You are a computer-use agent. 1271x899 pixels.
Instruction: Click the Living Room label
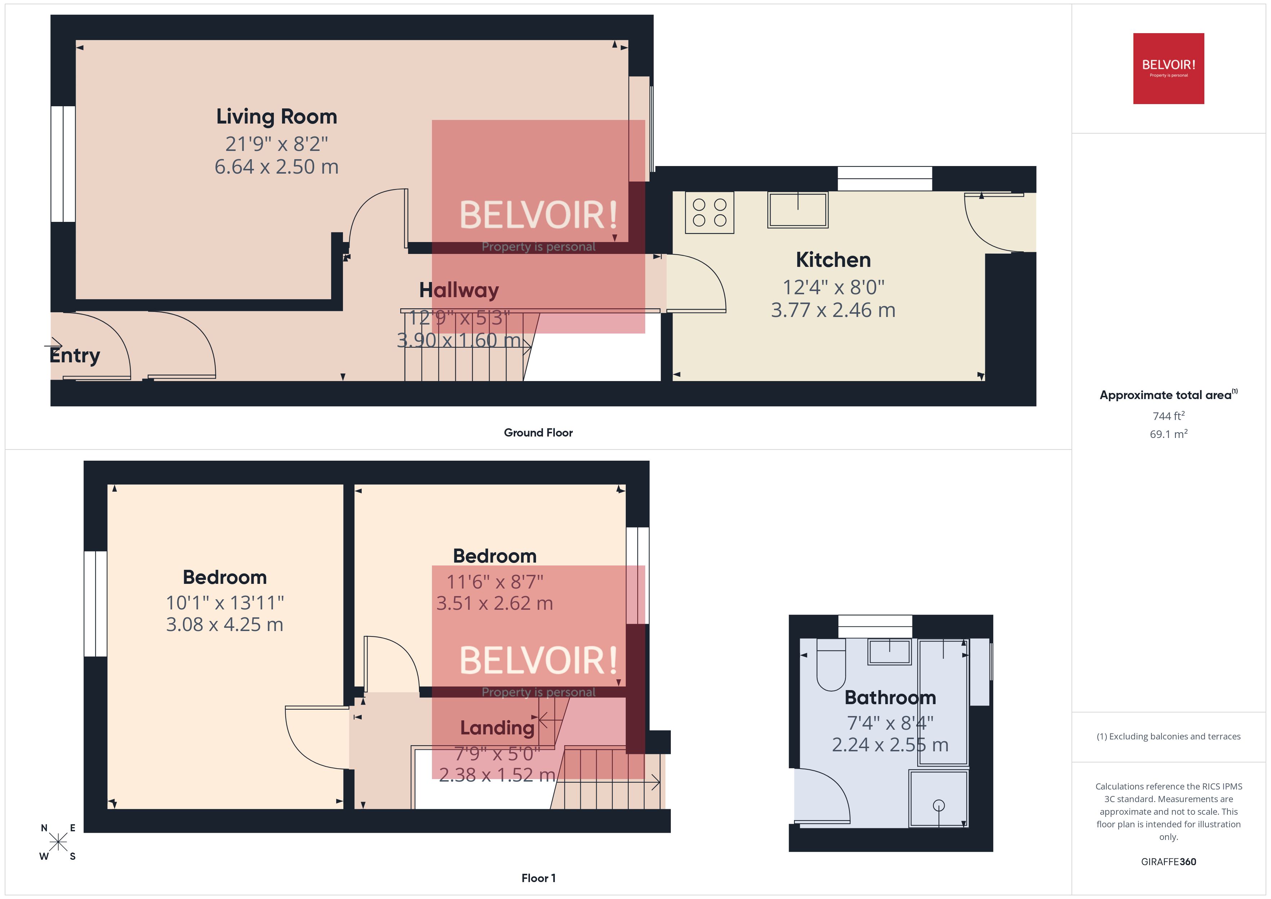(x=276, y=117)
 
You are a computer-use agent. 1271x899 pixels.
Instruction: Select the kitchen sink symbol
(x=797, y=210)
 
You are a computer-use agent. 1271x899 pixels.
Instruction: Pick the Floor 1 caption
(x=538, y=878)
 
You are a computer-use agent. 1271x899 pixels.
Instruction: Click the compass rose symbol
(x=58, y=842)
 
